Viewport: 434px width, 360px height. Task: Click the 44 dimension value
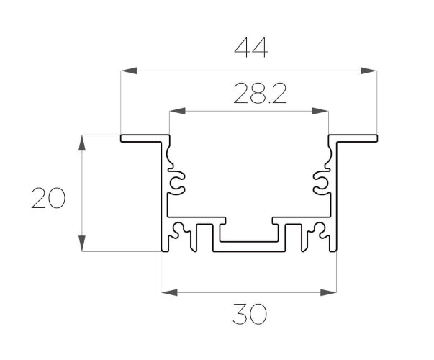[251, 48]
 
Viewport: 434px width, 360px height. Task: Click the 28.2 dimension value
[260, 94]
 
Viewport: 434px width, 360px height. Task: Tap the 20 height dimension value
[48, 198]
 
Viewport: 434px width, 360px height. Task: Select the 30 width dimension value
[250, 314]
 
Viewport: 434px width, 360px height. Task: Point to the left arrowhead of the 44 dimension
[129, 71]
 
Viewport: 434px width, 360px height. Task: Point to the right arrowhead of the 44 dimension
[369, 71]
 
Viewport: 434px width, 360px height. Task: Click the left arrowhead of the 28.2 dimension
[177, 111]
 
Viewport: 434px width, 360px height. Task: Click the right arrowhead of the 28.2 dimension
[320, 111]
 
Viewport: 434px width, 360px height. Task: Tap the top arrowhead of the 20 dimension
[81, 143]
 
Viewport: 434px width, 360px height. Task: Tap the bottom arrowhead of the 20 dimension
[81, 243]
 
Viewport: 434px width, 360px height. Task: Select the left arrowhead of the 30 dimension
[169, 292]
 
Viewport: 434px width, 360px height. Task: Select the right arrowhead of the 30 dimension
[328, 292]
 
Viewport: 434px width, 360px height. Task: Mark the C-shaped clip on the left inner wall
[177, 183]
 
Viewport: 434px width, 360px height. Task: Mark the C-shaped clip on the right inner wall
[321, 183]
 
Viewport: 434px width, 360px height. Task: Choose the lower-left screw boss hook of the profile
[179, 230]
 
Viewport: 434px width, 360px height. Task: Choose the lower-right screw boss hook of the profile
[319, 230]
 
